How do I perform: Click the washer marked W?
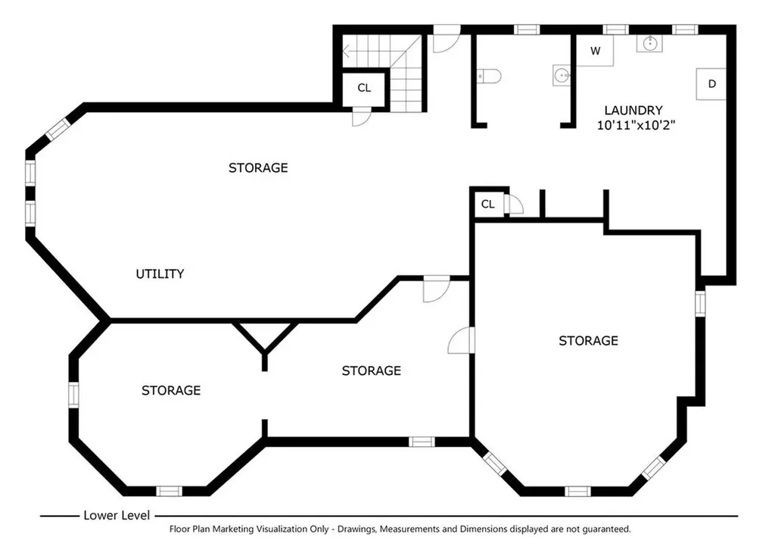pyautogui.click(x=596, y=51)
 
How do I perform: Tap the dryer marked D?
pyautogui.click(x=711, y=83)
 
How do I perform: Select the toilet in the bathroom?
pyautogui.click(x=490, y=77)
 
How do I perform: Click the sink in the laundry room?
pyautogui.click(x=649, y=43)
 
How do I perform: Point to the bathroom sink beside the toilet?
pyautogui.click(x=561, y=76)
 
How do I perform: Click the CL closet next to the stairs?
pyautogui.click(x=364, y=88)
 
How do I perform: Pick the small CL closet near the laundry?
pyautogui.click(x=488, y=204)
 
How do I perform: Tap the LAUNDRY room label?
pyautogui.click(x=633, y=111)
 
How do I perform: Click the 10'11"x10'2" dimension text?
pyautogui.click(x=636, y=125)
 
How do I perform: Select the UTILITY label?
pyautogui.click(x=160, y=273)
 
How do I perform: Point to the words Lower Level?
pyautogui.click(x=117, y=515)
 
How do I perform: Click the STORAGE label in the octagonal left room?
pyautogui.click(x=171, y=391)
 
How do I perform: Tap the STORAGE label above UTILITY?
pyautogui.click(x=258, y=167)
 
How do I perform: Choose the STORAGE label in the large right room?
pyautogui.click(x=588, y=341)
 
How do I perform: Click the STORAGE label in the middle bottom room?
pyautogui.click(x=371, y=370)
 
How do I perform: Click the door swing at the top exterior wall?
pyautogui.click(x=447, y=39)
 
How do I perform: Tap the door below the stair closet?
pyautogui.click(x=361, y=117)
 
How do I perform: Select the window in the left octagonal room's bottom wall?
pyautogui.click(x=169, y=491)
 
